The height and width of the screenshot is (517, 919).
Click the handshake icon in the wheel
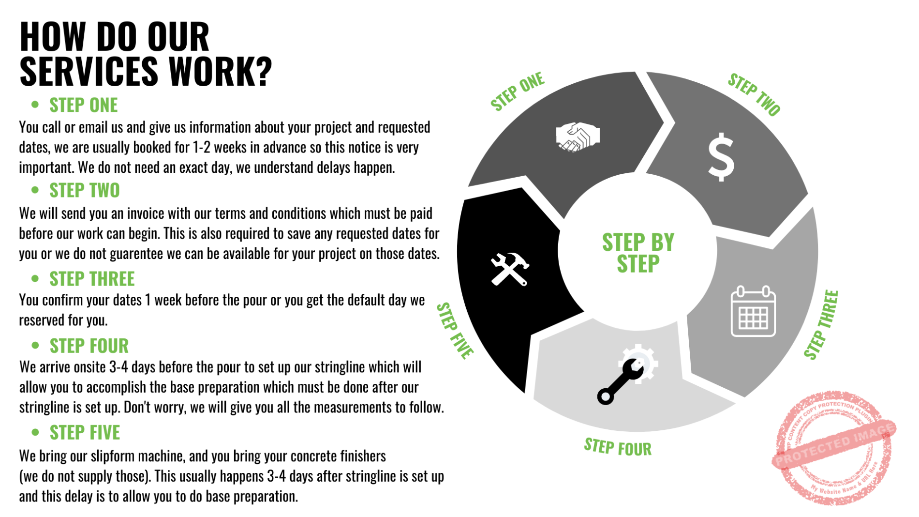click(578, 137)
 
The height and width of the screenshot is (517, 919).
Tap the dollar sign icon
click(721, 157)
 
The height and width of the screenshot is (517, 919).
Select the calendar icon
click(753, 311)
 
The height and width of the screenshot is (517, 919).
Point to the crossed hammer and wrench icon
click(510, 269)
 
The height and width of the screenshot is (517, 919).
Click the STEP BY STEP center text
click(638, 253)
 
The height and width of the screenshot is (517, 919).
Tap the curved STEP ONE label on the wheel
click(517, 91)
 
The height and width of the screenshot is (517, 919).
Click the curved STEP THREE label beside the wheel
click(821, 324)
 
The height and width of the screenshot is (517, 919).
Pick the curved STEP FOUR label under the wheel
click(618, 447)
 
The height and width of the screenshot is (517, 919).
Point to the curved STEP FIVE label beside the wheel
click(455, 331)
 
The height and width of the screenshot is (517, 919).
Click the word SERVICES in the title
click(89, 71)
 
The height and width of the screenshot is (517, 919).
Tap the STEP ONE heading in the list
click(84, 105)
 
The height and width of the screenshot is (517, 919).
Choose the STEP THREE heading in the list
click(92, 279)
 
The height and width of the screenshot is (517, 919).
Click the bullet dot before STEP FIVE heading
click(35, 432)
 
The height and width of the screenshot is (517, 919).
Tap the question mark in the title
click(263, 71)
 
